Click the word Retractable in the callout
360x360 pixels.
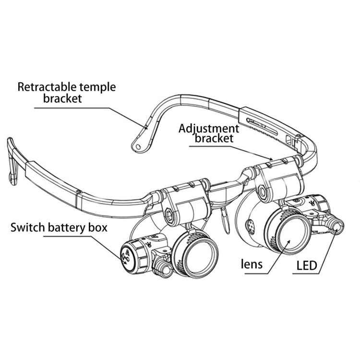coord(44,87)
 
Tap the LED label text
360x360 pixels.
coord(307,265)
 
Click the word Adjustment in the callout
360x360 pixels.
coord(208,128)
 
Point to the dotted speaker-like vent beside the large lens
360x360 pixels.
coord(251,224)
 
